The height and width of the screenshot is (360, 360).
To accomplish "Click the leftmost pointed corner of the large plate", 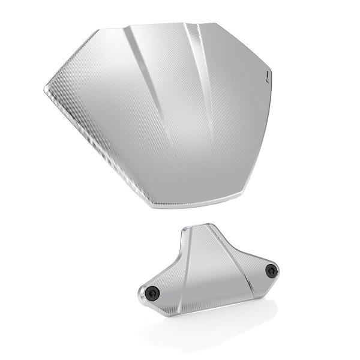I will coord(46,89).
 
